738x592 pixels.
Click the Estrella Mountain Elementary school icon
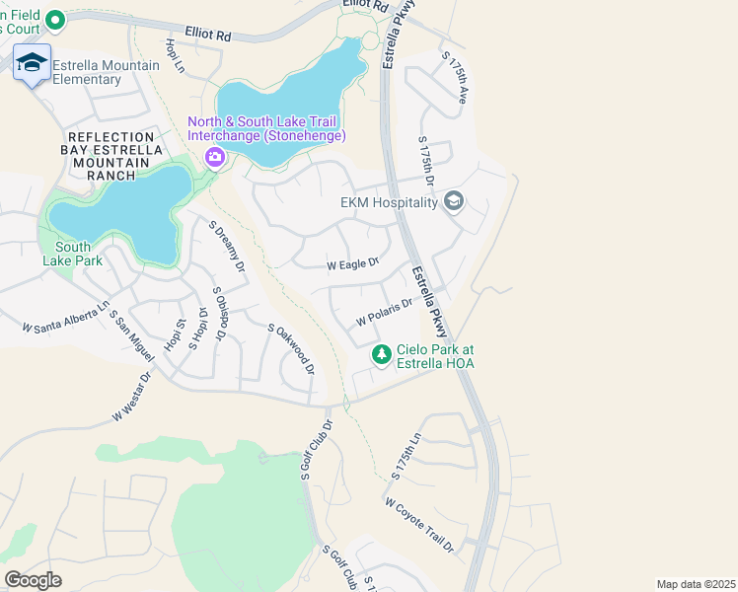33,63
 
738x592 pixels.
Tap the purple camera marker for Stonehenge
213,157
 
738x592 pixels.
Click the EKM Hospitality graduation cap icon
454,202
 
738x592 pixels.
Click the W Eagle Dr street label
353,264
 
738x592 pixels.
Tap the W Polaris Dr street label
383,316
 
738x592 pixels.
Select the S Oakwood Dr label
291,349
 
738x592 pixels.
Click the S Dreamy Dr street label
226,246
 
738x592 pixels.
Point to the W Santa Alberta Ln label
65,319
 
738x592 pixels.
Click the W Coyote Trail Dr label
419,524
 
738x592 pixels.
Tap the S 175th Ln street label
406,456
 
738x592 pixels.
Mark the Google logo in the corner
33,579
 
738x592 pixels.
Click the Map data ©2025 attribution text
695,584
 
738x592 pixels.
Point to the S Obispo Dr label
221,313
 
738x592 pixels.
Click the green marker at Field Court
55,19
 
